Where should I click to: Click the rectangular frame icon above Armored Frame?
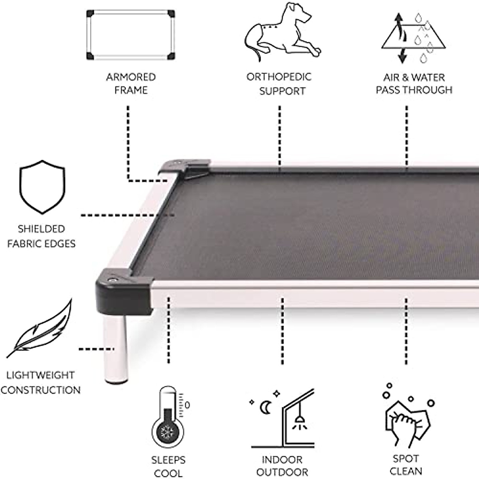(131, 35)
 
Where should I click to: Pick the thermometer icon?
(168, 419)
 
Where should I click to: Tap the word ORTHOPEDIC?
(279, 77)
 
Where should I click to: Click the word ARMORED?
(131, 77)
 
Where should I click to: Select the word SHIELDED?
(41, 229)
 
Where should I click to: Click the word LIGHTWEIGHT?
(40, 375)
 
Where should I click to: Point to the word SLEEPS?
(168, 460)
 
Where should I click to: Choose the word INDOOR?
(282, 460)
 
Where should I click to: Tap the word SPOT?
(406, 459)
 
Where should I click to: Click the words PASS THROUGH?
(414, 90)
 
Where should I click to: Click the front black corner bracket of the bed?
(124, 289)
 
